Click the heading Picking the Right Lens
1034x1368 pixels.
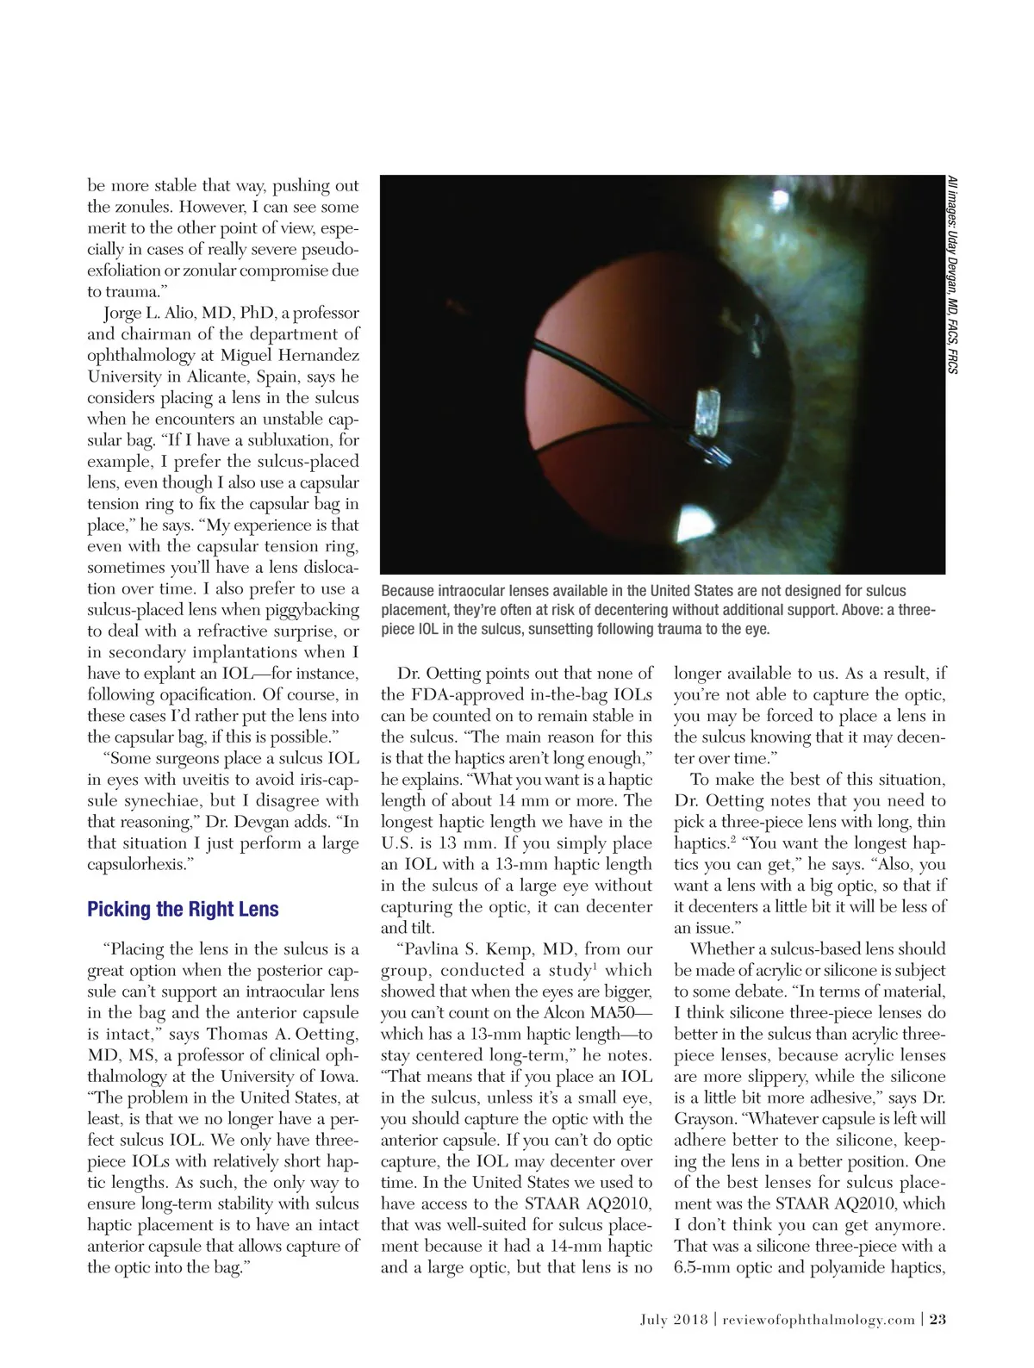pyautogui.click(x=183, y=910)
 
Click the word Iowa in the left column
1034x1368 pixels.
pyautogui.click(x=334, y=1077)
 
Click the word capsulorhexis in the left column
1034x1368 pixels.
pyautogui.click(x=136, y=865)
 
